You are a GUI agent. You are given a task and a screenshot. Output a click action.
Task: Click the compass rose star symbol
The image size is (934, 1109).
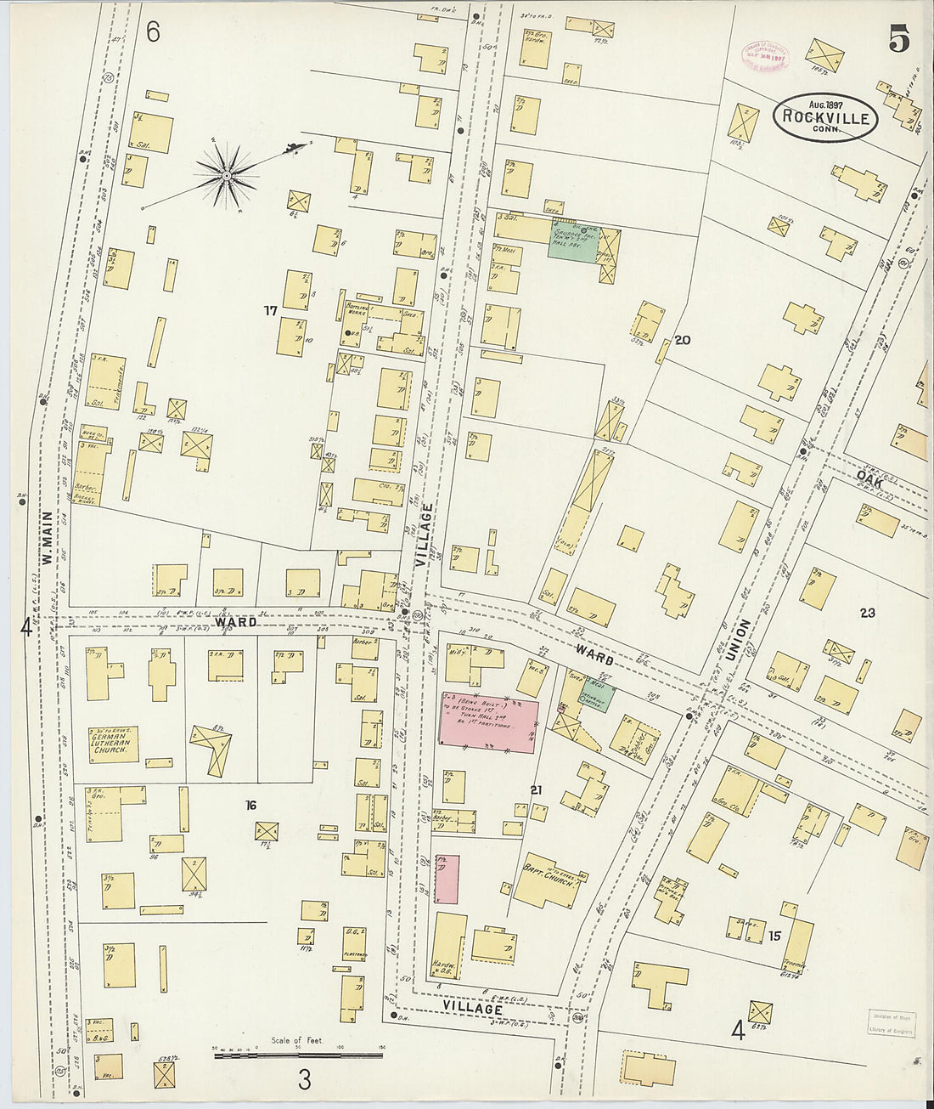[227, 176]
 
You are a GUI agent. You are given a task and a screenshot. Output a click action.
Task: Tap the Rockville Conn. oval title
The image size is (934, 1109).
[824, 117]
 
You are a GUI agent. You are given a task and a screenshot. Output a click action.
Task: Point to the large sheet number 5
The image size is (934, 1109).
[899, 38]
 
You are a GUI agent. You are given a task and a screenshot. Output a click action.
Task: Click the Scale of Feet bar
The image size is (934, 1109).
[297, 1055]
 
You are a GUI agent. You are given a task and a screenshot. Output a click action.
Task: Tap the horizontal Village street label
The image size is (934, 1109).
[472, 1007]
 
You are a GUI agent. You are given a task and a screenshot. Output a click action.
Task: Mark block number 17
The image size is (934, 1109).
[270, 311]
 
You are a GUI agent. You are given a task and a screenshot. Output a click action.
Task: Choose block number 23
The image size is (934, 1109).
[866, 613]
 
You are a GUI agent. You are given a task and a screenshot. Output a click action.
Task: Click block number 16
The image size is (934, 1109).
[250, 806]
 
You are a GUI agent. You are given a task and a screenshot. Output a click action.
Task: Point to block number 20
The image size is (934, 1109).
[682, 340]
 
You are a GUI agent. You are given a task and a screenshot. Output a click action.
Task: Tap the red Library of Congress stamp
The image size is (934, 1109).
[767, 55]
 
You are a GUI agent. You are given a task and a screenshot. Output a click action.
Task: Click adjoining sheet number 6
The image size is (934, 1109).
[153, 32]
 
